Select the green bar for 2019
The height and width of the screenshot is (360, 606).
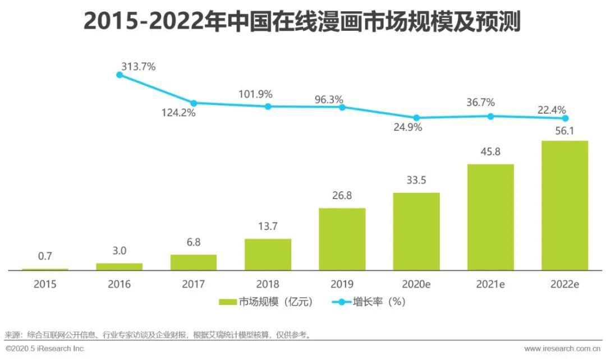(x=342, y=239)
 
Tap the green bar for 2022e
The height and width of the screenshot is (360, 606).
(x=564, y=205)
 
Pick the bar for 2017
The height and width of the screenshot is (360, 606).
(x=194, y=262)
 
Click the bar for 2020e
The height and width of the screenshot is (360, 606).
(x=416, y=232)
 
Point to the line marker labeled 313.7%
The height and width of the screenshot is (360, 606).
(x=120, y=74)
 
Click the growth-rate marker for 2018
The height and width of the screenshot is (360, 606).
(x=268, y=106)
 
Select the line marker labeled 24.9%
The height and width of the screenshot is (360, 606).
(x=416, y=118)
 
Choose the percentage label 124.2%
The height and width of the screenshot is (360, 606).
(x=178, y=113)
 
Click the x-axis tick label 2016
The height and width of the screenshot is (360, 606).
(x=119, y=284)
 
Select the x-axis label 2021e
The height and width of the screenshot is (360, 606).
(x=490, y=284)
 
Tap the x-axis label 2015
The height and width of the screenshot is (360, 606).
(x=45, y=284)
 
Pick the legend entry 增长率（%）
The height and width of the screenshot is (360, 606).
(x=370, y=302)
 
